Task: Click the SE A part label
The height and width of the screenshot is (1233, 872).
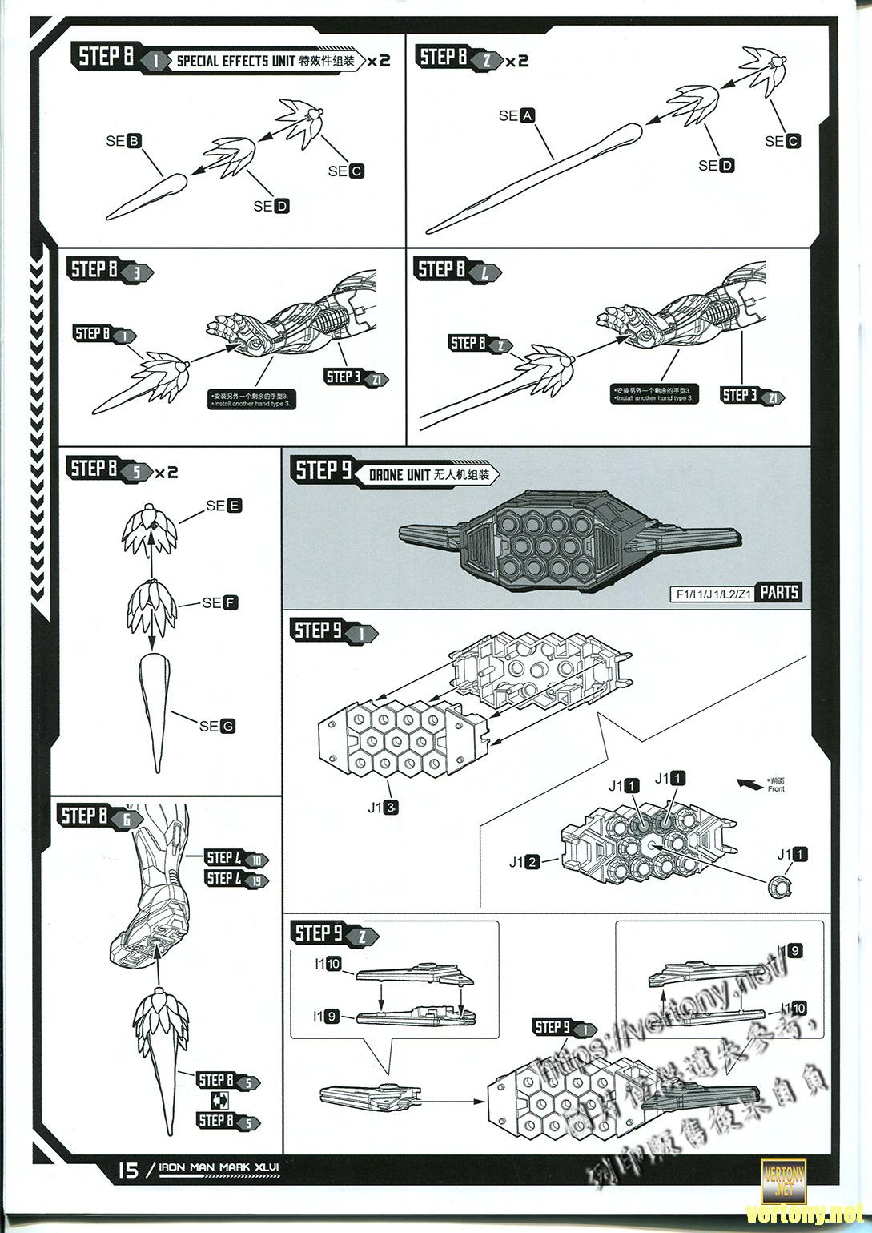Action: click(516, 116)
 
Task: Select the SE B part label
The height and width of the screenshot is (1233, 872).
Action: click(123, 141)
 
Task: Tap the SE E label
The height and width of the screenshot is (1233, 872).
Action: click(223, 506)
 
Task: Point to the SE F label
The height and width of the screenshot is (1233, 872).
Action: click(220, 602)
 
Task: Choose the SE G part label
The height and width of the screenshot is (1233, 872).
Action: click(217, 726)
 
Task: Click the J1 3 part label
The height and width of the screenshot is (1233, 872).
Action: click(383, 808)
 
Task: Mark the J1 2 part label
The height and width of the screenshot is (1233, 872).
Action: click(524, 862)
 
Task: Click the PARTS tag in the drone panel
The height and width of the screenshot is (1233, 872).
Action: click(779, 593)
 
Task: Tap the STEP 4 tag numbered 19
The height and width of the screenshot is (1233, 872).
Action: click(237, 880)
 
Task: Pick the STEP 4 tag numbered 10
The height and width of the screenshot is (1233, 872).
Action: click(237, 859)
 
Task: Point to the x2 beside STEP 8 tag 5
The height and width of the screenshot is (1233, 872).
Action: click(167, 473)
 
